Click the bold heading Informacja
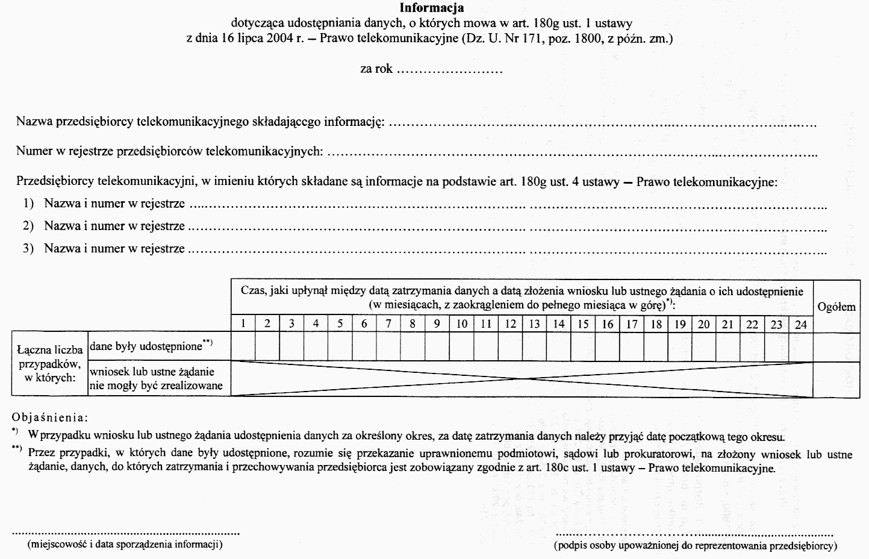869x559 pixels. [x=432, y=8]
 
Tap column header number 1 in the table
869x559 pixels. [x=243, y=323]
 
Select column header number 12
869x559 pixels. [x=510, y=323]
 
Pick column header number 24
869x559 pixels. [x=801, y=324]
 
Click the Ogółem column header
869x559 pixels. [x=836, y=307]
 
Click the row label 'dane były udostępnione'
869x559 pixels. [x=151, y=346]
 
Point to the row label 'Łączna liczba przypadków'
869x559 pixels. [x=50, y=363]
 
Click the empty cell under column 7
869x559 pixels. [x=388, y=346]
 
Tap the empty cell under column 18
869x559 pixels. [x=656, y=346]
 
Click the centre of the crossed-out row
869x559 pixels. [x=522, y=379]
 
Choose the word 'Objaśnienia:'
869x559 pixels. [x=50, y=417]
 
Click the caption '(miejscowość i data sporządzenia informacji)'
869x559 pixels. [x=125, y=545]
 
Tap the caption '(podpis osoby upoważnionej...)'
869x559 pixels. [x=696, y=546]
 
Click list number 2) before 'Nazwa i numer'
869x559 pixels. [x=28, y=226]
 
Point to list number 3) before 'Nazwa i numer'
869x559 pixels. [x=28, y=248]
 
